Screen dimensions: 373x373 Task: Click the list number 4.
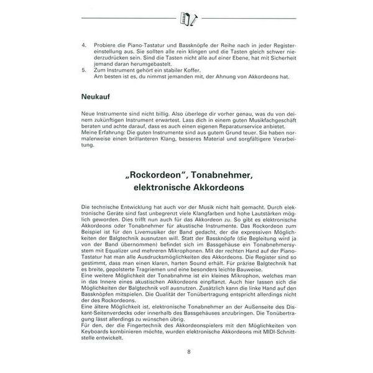coord(84,45)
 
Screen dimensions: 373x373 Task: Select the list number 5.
coord(84,70)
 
